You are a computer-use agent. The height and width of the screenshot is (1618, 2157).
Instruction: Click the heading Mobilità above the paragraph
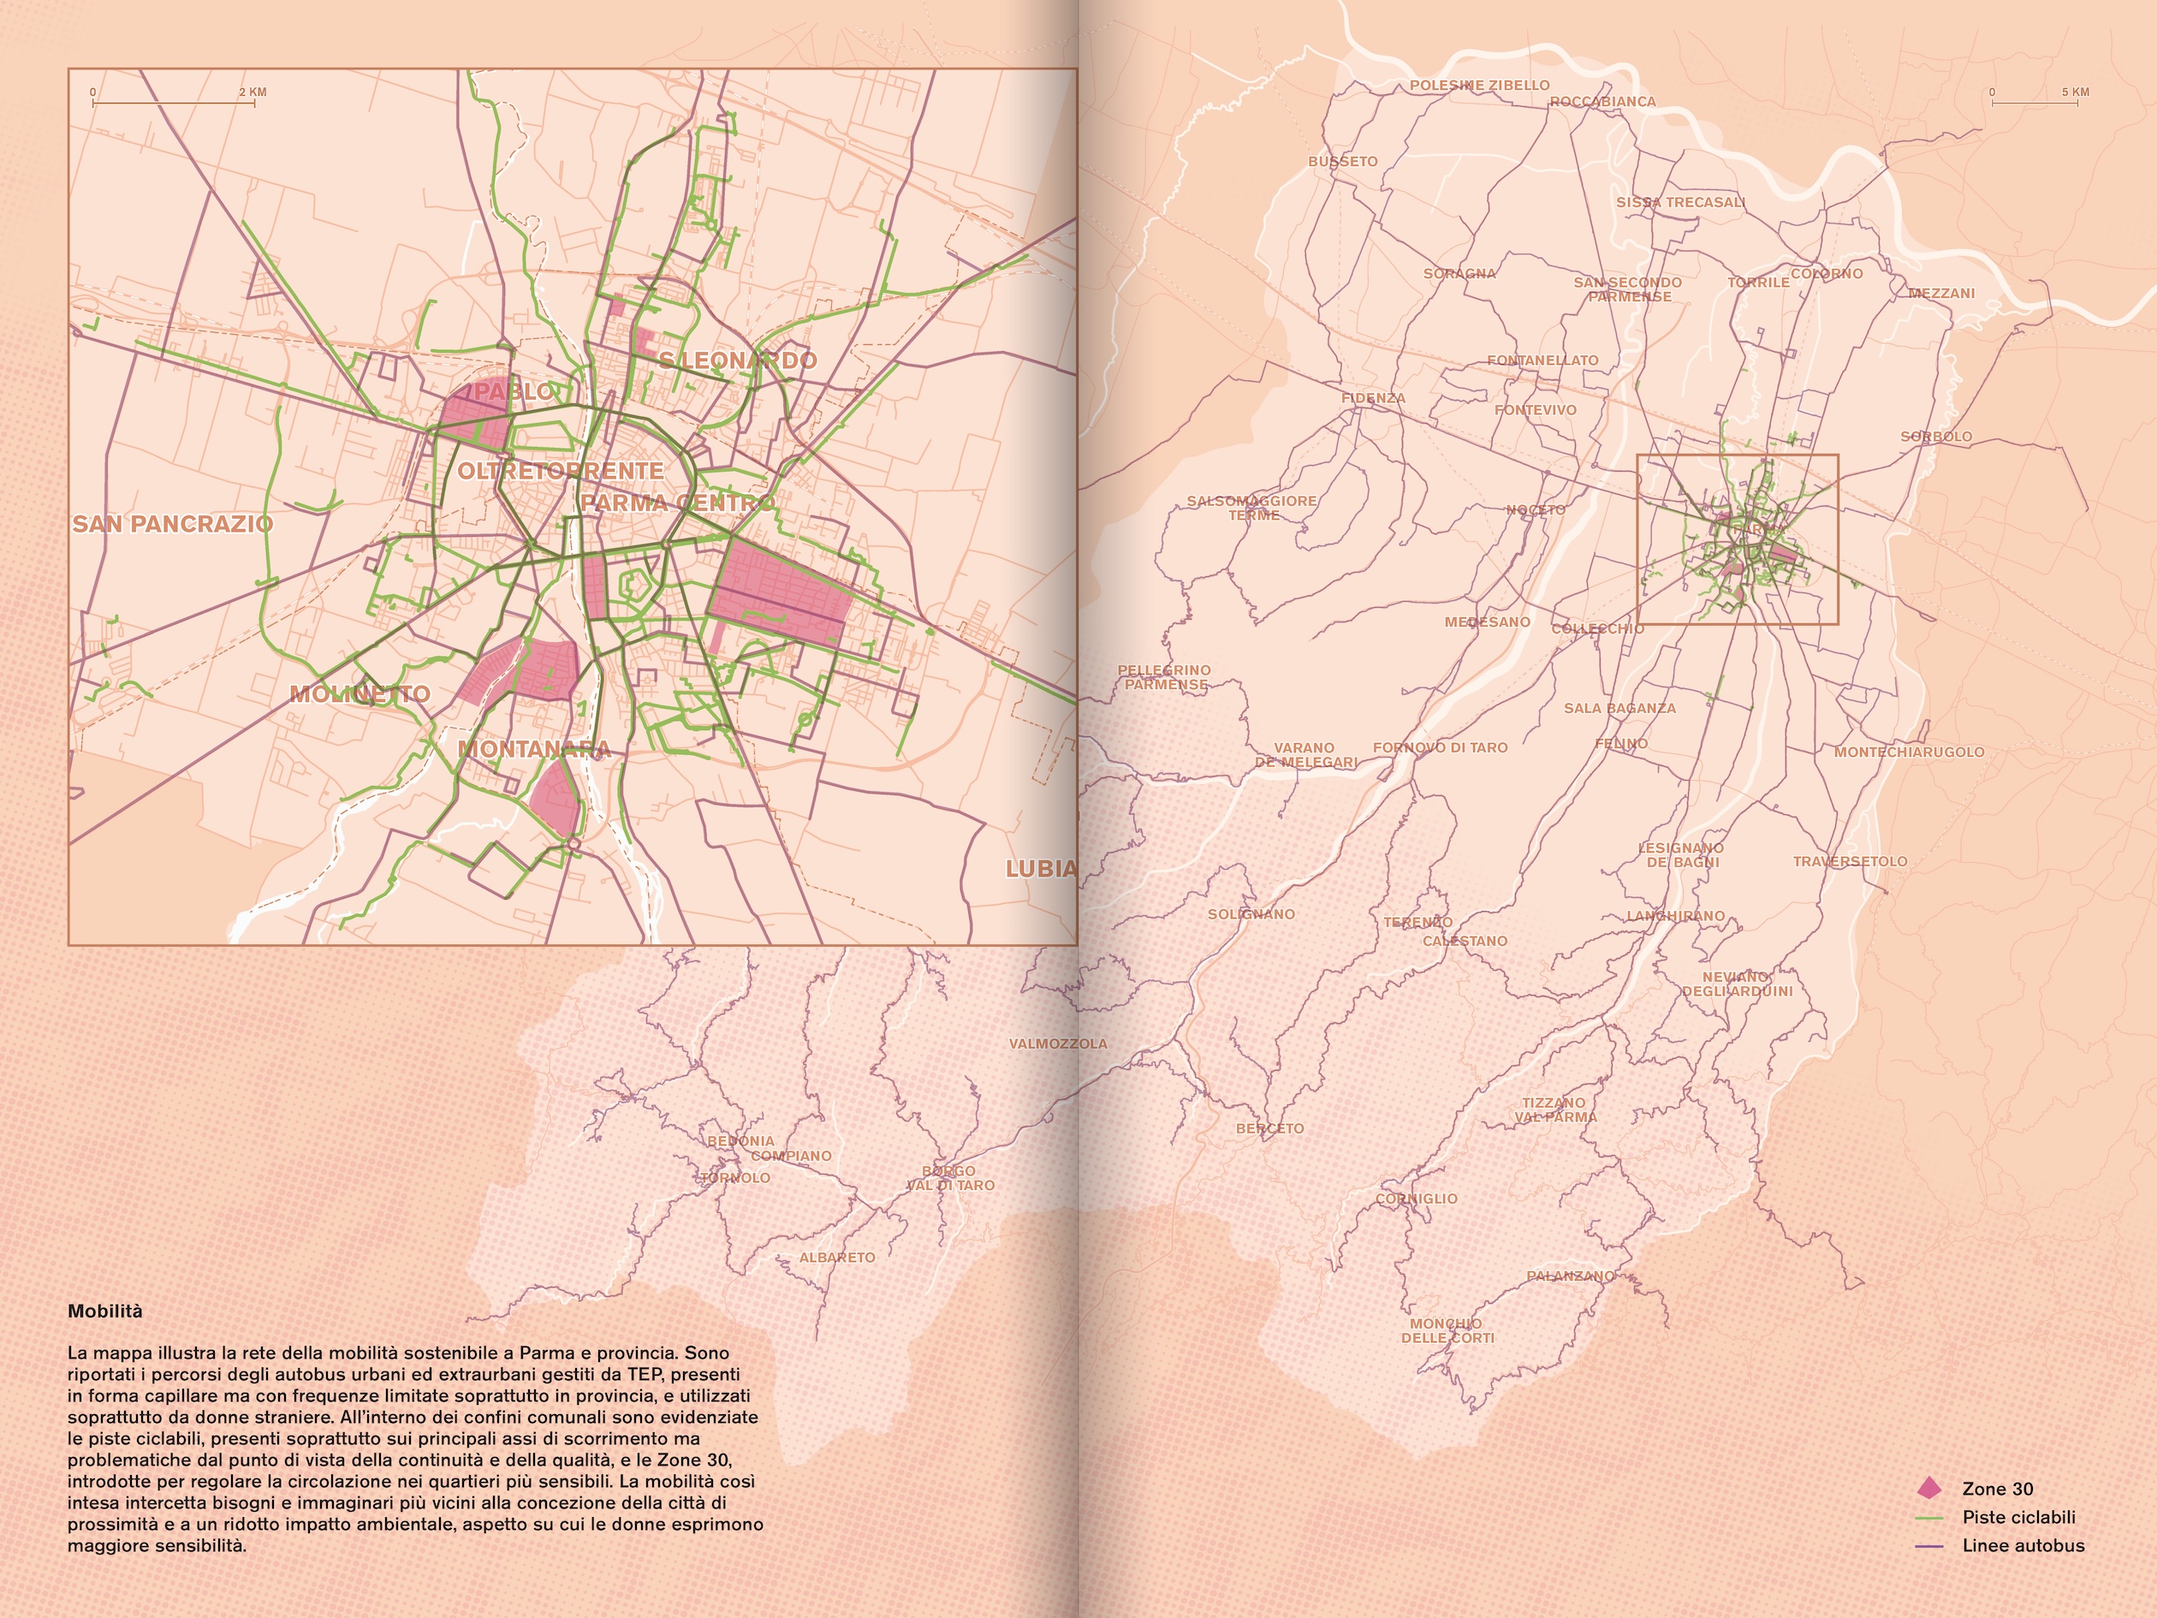(x=104, y=1312)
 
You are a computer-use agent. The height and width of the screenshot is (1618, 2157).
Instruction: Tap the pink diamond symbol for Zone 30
(x=1928, y=1488)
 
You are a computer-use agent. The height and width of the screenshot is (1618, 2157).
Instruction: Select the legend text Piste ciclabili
(x=2018, y=1518)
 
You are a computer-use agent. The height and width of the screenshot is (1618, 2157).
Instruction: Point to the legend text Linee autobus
(x=2023, y=1546)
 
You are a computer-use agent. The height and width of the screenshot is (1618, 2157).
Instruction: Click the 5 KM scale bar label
(x=2075, y=92)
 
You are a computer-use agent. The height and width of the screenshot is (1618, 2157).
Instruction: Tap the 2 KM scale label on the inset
(x=253, y=92)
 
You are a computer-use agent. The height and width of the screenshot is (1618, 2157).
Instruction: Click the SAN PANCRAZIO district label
(x=173, y=525)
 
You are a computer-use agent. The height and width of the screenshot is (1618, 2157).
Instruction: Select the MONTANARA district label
(x=534, y=749)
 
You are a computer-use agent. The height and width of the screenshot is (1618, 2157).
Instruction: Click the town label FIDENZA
(x=1373, y=398)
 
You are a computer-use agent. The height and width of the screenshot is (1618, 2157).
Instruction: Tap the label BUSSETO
(x=1343, y=162)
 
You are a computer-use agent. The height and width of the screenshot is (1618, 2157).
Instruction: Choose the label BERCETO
(x=1269, y=1128)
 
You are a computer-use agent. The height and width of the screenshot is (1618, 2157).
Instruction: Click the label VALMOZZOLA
(x=1058, y=1044)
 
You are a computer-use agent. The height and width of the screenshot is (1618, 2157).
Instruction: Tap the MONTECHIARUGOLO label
(x=1908, y=752)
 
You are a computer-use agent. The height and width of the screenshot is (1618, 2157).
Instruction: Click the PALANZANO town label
(x=1570, y=1276)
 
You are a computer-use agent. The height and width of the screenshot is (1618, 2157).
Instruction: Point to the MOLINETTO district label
(x=359, y=694)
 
